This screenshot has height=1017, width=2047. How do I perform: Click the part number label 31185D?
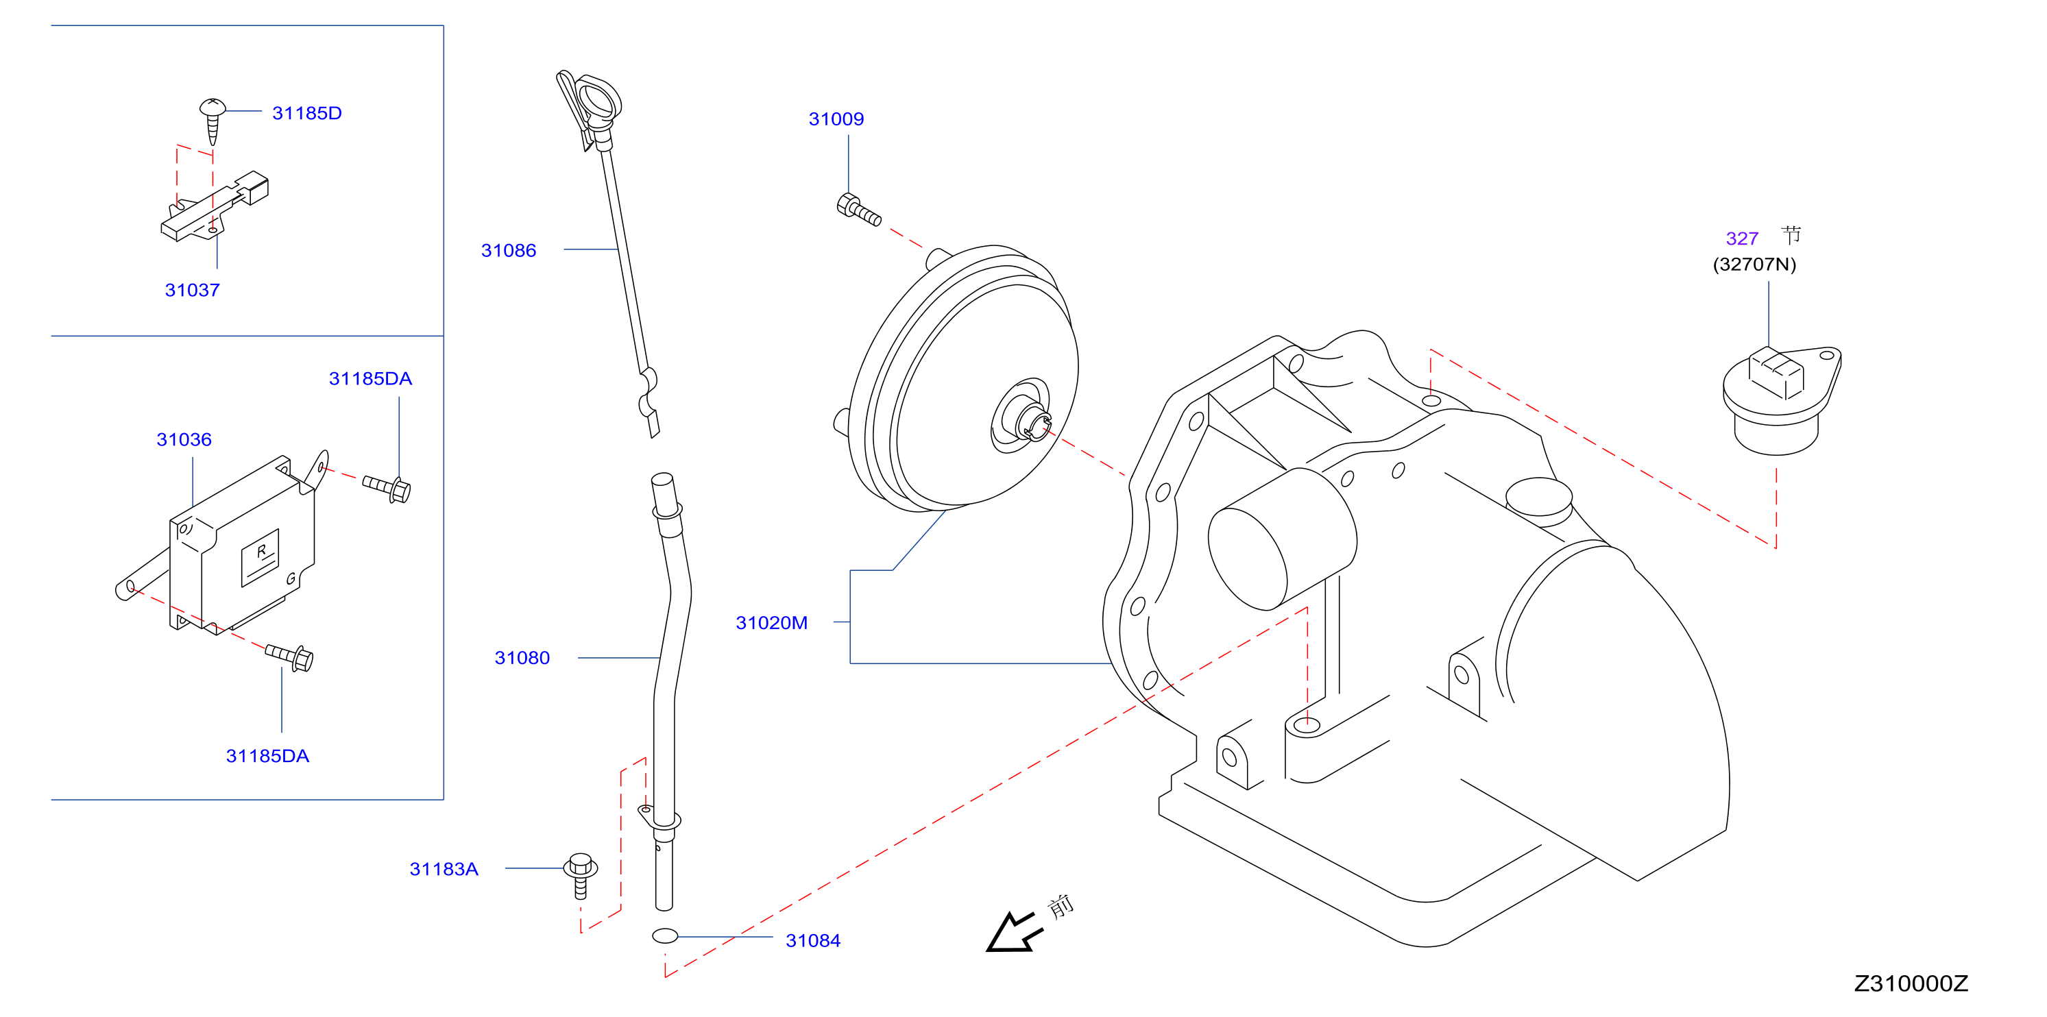point(306,113)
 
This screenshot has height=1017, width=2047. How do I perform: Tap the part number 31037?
point(193,290)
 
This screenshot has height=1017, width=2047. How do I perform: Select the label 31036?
point(184,439)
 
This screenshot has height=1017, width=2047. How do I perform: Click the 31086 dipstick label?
point(509,250)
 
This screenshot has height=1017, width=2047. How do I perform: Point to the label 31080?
point(522,658)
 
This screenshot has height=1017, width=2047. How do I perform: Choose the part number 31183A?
point(444,869)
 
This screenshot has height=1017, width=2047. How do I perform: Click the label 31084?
point(813,941)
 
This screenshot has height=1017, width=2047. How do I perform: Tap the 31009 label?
point(836,119)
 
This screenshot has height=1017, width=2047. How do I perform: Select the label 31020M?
point(772,623)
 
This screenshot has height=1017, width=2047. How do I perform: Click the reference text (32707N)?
point(1754,265)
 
